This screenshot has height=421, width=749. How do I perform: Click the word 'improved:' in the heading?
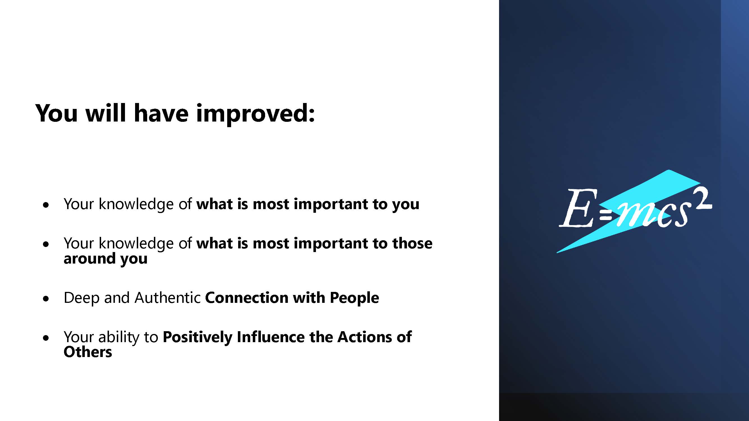click(256, 114)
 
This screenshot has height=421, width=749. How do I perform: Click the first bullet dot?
click(46, 205)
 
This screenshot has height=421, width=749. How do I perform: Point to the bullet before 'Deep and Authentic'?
click(46, 299)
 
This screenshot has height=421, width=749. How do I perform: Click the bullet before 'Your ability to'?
click(46, 338)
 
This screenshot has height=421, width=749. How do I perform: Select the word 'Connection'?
click(247, 298)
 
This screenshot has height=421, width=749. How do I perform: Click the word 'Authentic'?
click(167, 298)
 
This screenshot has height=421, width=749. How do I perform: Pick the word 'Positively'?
click(197, 338)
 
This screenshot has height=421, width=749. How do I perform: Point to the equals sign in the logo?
click(606, 215)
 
